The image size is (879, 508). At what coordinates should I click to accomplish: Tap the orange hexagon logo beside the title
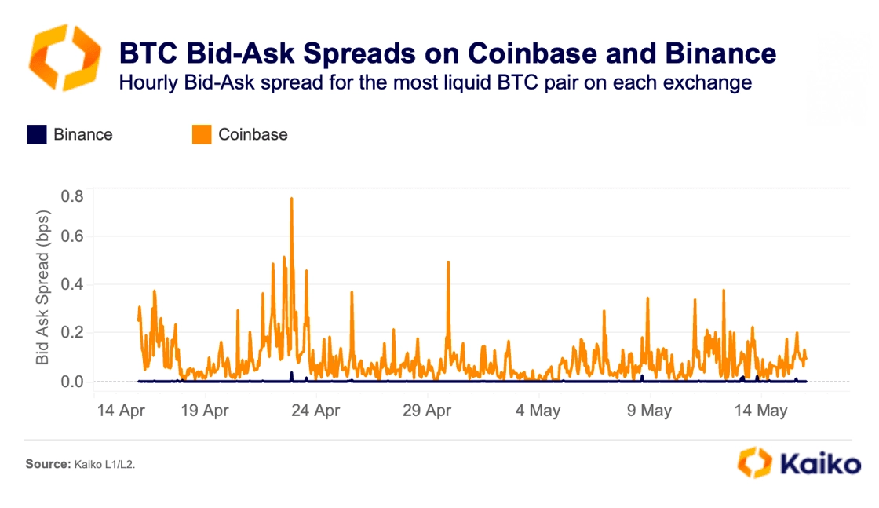(x=65, y=57)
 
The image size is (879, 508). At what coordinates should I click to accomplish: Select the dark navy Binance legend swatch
(x=37, y=134)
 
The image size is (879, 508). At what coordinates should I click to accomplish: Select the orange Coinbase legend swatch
(x=202, y=134)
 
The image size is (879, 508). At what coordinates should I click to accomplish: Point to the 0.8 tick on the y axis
(x=72, y=196)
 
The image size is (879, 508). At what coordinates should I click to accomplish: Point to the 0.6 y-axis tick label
(x=72, y=236)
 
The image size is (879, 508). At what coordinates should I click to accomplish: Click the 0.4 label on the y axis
(x=72, y=284)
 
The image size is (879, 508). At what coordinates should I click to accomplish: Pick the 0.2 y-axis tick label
(x=72, y=332)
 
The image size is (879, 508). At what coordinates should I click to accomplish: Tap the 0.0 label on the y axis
(x=72, y=382)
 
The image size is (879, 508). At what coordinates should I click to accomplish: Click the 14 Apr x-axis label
(x=121, y=411)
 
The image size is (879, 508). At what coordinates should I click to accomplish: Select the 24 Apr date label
(x=315, y=411)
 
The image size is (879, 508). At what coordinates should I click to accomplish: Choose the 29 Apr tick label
(x=427, y=411)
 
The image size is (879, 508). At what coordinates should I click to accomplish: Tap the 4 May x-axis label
(x=538, y=411)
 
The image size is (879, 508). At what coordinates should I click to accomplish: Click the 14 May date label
(x=760, y=411)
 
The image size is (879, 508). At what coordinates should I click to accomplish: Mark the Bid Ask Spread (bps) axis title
(x=42, y=287)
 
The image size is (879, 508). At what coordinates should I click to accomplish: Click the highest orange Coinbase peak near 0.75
(x=291, y=199)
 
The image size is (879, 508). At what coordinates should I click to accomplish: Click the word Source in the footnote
(x=48, y=464)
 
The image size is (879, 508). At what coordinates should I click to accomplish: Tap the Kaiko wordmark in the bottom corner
(x=820, y=464)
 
